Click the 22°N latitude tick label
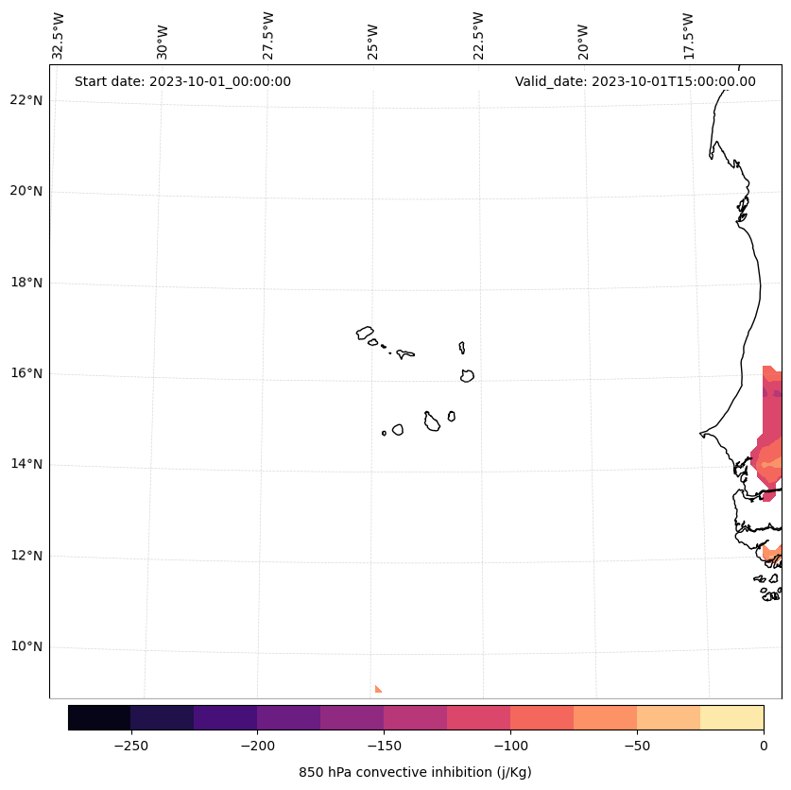26,100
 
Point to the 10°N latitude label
26,647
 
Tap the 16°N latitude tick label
26,373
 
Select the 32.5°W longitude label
59,36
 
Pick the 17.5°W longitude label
689,36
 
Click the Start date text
182,81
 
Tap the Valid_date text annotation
635,81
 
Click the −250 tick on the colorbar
130,746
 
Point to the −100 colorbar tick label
510,746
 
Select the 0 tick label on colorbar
764,746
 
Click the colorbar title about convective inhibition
415,772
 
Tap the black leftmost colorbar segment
99,717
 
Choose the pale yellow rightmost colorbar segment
731,717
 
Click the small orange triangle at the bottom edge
377,690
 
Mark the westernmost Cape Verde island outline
365,333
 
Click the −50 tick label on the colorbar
637,746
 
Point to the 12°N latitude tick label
26,556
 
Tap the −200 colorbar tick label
257,746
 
